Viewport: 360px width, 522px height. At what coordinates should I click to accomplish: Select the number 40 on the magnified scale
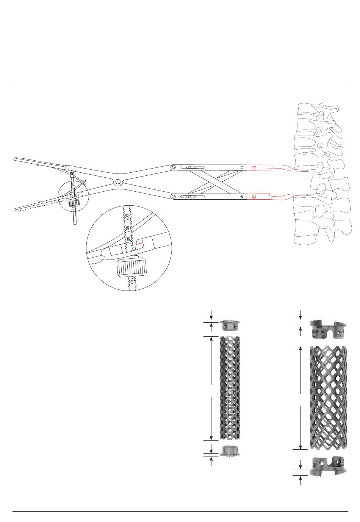tap(128, 239)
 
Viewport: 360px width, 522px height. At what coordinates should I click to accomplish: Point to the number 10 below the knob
tap(131, 280)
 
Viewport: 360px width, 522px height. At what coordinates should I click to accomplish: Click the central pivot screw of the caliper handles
tap(118, 181)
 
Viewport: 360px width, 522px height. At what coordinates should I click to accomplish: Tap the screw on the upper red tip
tap(254, 167)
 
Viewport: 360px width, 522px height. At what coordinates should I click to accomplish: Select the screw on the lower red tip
tap(254, 197)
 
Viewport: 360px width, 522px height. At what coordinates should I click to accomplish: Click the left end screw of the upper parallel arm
tap(174, 167)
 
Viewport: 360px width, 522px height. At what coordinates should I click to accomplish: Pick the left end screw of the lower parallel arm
tap(174, 197)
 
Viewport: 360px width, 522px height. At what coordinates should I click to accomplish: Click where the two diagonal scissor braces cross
tap(215, 182)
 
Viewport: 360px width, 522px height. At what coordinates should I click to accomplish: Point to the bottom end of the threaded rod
tap(75, 223)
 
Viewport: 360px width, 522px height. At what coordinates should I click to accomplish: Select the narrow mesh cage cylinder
tap(230, 388)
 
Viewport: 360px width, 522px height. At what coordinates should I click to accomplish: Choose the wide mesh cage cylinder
tap(328, 398)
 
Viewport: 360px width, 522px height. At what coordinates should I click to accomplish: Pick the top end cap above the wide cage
tap(328, 330)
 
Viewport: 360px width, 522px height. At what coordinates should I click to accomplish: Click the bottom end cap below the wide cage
tap(328, 466)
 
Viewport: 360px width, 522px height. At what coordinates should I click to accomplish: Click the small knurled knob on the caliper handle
tap(74, 203)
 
